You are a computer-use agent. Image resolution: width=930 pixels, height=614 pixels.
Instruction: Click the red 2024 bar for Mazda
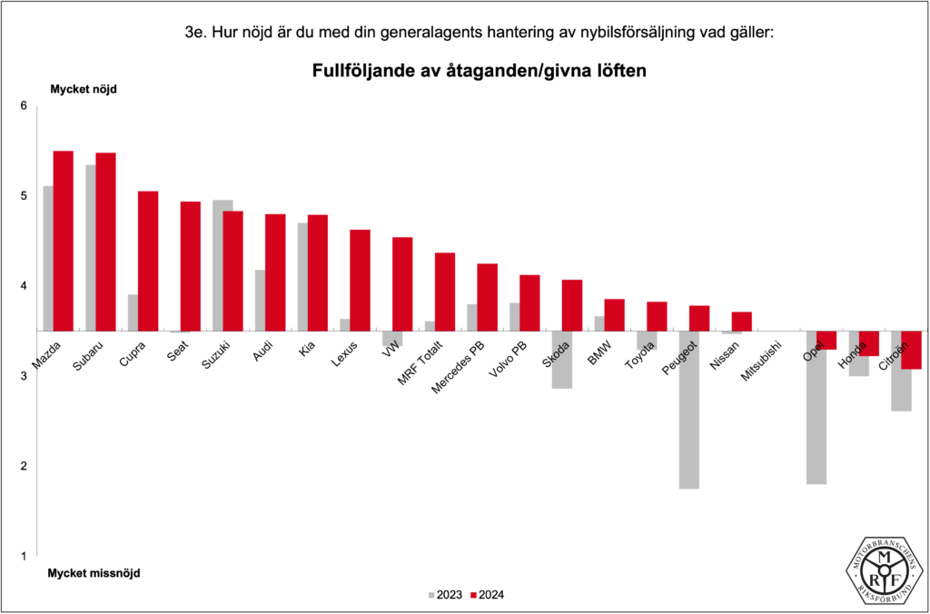63,241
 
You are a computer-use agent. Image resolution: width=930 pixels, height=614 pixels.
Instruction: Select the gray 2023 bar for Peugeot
688,410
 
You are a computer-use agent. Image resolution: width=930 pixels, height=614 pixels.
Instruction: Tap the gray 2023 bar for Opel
816,408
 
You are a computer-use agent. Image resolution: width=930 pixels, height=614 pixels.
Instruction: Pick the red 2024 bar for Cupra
148,261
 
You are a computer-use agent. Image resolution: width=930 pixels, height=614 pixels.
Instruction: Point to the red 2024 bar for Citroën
911,350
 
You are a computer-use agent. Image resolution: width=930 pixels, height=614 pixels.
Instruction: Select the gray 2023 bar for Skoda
561,360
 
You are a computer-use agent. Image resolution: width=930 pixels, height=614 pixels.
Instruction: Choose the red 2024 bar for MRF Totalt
445,292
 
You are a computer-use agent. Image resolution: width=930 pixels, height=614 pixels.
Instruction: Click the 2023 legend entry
445,595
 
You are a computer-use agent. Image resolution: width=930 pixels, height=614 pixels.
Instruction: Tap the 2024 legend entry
488,595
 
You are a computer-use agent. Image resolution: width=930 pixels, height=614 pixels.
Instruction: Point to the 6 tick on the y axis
25,106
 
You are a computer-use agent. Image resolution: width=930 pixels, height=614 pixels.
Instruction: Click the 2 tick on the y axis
25,466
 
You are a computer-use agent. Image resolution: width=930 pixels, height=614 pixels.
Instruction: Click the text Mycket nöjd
83,89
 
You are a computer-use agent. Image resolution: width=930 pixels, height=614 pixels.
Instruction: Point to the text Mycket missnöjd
94,573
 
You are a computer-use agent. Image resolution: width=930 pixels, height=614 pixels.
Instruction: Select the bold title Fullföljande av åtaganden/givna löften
479,70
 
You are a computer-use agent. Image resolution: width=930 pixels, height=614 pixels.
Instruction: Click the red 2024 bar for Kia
317,272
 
